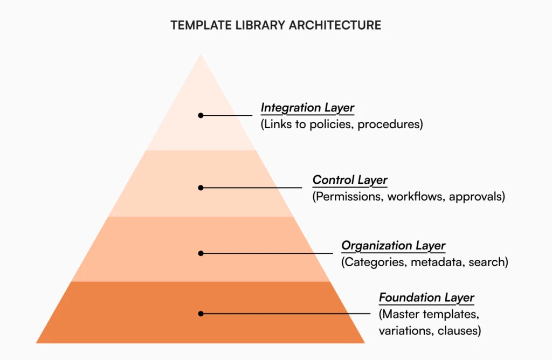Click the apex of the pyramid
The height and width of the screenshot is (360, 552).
click(201, 54)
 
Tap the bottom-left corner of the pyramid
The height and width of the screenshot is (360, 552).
click(36, 343)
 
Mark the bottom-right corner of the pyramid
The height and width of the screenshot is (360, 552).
click(365, 343)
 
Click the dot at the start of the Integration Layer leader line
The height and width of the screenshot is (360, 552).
click(201, 115)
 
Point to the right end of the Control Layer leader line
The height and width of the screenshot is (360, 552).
click(302, 188)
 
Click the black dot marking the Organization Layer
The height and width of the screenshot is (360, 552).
click(201, 253)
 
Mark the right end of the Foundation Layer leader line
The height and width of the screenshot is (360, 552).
click(370, 314)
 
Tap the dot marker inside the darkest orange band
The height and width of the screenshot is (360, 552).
click(201, 314)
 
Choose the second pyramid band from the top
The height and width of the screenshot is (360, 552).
click(201, 183)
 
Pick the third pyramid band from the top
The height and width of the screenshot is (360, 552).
click(201, 249)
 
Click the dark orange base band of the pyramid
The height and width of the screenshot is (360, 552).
click(201, 313)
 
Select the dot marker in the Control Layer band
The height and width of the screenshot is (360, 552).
click(201, 188)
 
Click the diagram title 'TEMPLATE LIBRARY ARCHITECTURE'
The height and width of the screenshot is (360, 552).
click(275, 25)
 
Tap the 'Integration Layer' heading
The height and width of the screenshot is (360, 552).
click(307, 108)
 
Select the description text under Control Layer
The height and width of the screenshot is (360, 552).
click(409, 196)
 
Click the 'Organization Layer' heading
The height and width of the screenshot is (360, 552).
click(393, 246)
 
